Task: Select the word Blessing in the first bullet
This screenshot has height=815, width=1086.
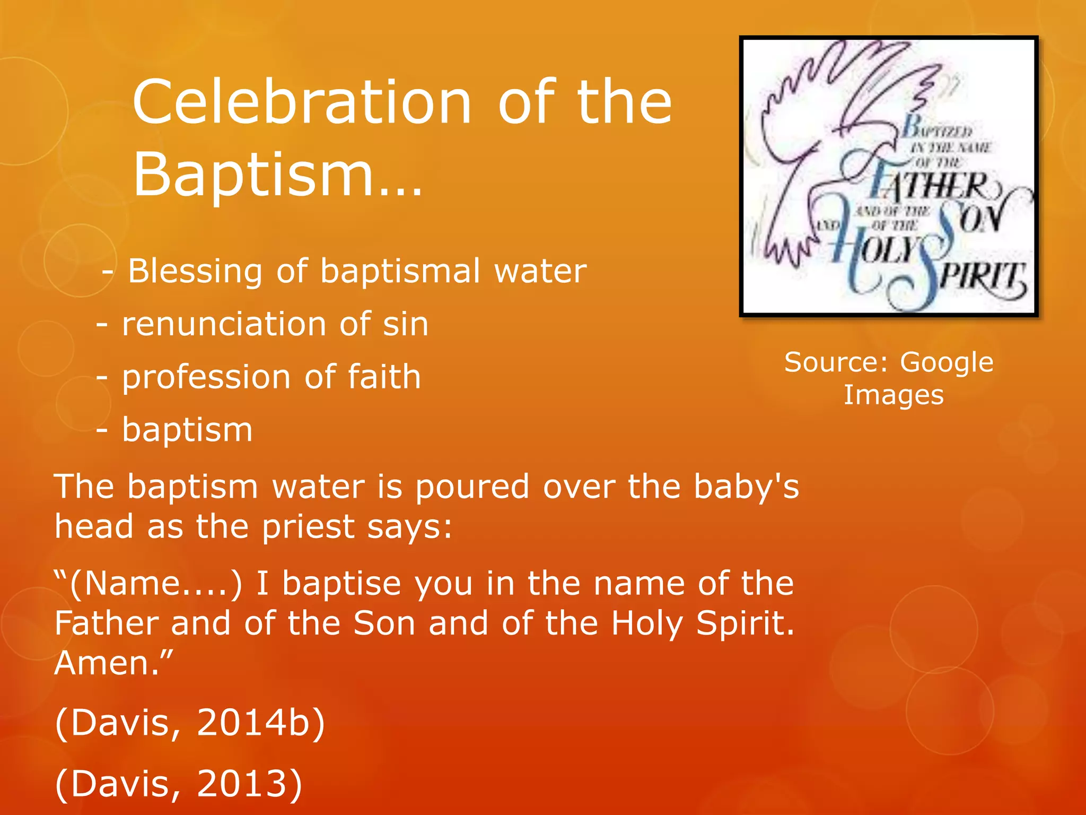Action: click(195, 272)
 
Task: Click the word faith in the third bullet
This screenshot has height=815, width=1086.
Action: click(384, 377)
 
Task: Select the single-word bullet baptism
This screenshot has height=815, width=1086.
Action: click(187, 430)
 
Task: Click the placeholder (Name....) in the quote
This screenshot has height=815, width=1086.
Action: click(155, 584)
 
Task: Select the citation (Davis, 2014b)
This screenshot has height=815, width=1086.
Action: click(190, 723)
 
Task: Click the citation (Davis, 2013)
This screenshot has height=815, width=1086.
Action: click(179, 784)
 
